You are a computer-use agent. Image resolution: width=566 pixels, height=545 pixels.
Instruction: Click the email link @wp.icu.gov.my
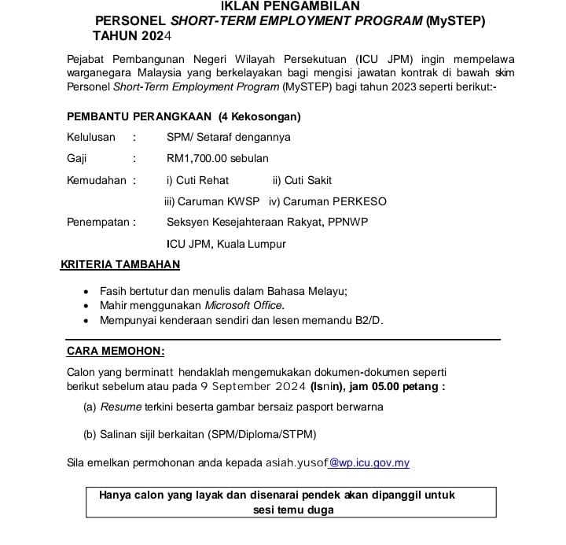click(369, 462)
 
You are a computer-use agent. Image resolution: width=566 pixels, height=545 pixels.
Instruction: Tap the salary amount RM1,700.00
click(200, 158)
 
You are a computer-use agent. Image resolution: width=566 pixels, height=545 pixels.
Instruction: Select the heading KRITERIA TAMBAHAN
click(120, 265)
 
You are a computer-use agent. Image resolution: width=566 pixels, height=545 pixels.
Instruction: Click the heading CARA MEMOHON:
click(116, 351)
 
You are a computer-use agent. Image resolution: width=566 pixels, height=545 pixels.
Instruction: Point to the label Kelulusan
click(91, 137)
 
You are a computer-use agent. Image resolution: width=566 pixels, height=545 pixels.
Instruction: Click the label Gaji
click(77, 158)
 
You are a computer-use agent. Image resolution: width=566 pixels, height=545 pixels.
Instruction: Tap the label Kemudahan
click(97, 180)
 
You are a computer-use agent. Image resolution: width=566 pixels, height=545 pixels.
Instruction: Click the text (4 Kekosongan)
click(259, 116)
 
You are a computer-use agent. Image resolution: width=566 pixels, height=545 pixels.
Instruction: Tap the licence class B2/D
click(366, 320)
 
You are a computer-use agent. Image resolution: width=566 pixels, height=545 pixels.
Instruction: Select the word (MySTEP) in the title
click(455, 21)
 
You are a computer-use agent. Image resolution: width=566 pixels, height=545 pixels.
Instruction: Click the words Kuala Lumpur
click(245, 244)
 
